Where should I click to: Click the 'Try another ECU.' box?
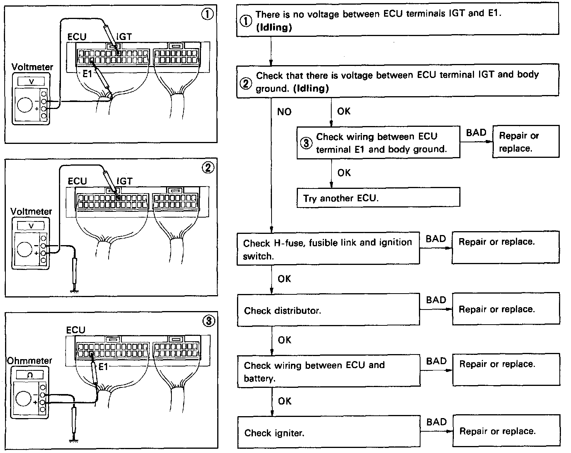(378, 198)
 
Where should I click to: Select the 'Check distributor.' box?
(328, 310)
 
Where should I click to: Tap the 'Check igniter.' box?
(328, 432)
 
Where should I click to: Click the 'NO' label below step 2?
(284, 112)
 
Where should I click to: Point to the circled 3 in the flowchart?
(306, 143)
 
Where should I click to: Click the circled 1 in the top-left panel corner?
(207, 14)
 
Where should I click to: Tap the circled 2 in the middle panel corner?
(208, 168)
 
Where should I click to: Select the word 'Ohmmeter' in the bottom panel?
(29, 360)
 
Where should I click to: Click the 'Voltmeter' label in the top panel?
(32, 67)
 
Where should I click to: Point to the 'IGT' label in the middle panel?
(124, 181)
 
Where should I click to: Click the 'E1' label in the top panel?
(87, 74)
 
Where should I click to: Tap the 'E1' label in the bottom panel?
(103, 367)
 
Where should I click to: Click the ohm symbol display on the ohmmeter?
(30, 375)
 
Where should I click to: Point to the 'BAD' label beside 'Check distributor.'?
(436, 300)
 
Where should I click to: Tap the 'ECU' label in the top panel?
(77, 37)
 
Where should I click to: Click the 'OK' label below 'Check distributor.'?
(284, 340)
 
